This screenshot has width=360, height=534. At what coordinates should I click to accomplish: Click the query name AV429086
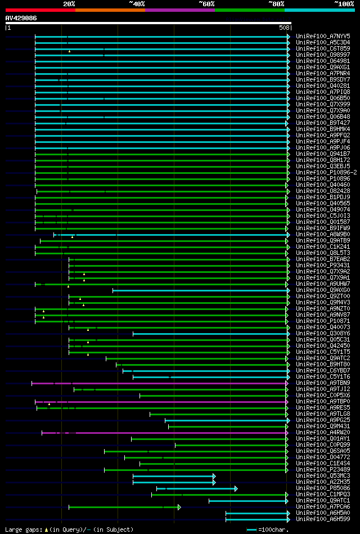click(21, 18)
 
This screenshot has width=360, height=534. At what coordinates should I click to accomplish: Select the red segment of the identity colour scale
click(40, 10)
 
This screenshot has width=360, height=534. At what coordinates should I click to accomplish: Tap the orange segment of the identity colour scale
click(110, 10)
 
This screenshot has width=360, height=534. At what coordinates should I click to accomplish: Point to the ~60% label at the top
click(206, 3)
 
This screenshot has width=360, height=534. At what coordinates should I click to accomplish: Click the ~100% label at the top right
click(344, 3)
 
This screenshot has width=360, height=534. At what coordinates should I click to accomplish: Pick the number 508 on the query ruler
click(284, 28)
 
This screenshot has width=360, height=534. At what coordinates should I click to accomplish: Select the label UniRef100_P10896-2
click(326, 172)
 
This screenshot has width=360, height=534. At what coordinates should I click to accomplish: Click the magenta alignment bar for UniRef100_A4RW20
click(180, 433)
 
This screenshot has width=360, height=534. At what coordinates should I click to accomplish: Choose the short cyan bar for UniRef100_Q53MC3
click(173, 476)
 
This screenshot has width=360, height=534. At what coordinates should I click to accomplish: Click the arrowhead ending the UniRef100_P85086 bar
click(236, 488)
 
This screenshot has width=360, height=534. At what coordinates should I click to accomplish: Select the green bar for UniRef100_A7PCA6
click(124, 507)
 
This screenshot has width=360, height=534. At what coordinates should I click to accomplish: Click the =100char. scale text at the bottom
click(273, 529)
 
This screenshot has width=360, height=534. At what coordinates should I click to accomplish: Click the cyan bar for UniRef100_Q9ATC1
click(247, 501)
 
